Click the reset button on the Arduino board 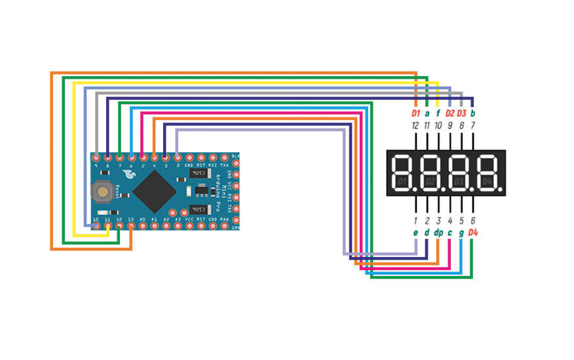click(x=102, y=191)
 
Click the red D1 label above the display click(x=415, y=113)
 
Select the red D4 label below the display click(x=473, y=232)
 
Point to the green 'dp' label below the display click(x=438, y=232)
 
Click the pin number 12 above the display click(x=415, y=125)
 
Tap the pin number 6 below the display click(x=473, y=221)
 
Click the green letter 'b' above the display click(x=473, y=113)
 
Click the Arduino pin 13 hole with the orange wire click(x=131, y=226)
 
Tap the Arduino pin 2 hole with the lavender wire click(x=178, y=157)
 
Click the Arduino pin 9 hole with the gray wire click(x=97, y=157)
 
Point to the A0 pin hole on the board click(x=143, y=226)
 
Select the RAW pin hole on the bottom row click(x=224, y=226)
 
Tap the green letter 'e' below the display click(x=415, y=232)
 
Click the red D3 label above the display click(x=461, y=113)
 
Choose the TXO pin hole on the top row click(x=224, y=157)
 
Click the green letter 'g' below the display click(x=461, y=232)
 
